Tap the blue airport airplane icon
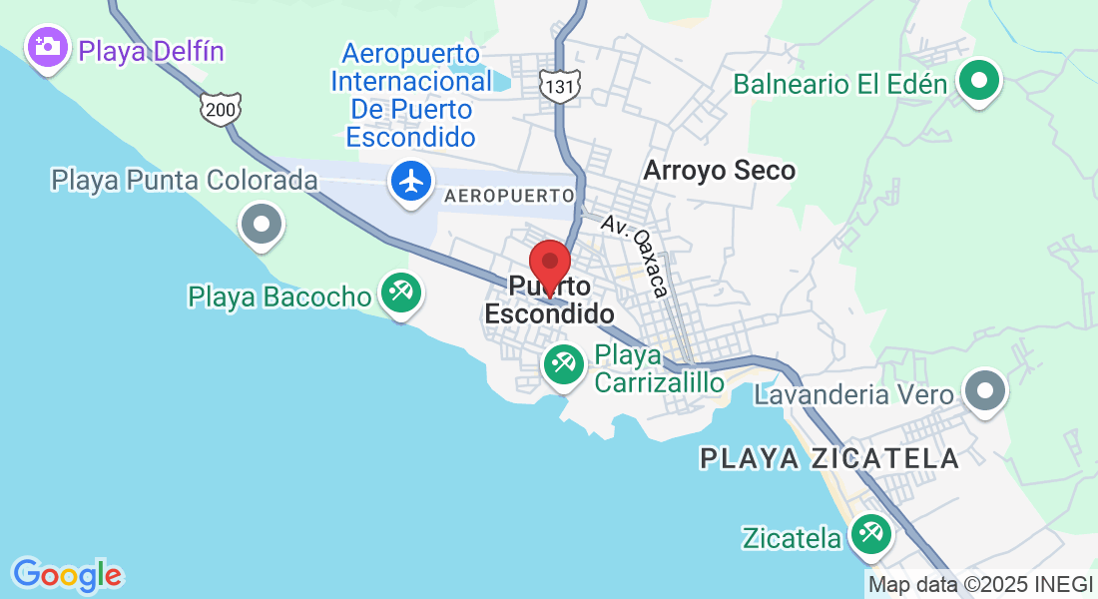410,183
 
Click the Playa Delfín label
152,50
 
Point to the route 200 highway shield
220,109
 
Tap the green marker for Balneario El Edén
979,80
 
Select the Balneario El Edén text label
839,83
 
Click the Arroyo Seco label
719,171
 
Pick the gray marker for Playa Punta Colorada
263,223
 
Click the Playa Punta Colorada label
185,181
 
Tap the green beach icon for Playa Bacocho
402,294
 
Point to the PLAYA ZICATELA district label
829,458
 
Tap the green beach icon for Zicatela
869,535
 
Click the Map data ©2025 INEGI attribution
981,585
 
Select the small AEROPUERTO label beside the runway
509,196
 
